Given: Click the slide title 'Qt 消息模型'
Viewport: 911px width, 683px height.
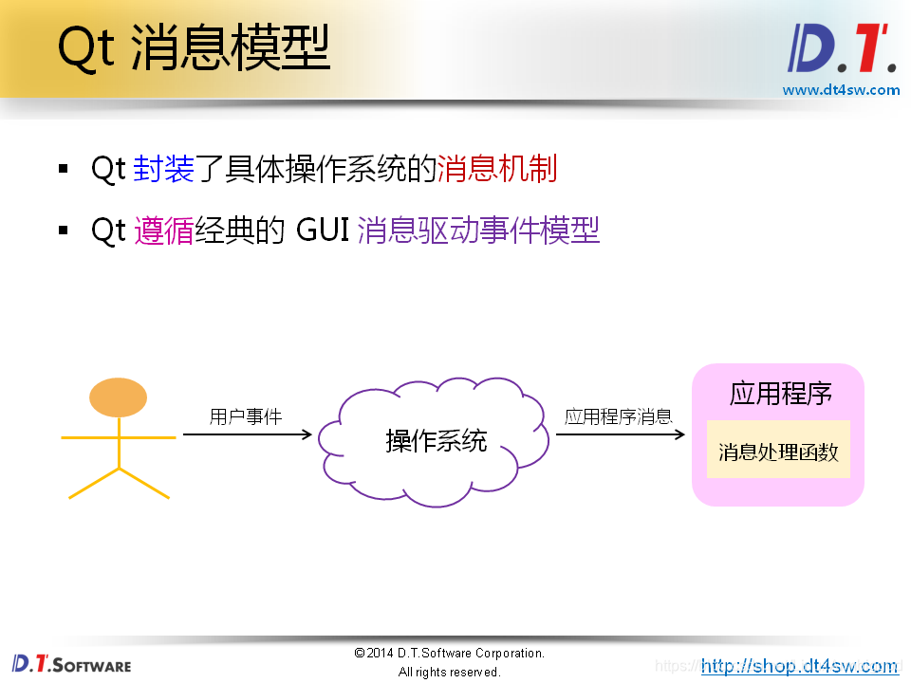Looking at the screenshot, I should click(x=194, y=48).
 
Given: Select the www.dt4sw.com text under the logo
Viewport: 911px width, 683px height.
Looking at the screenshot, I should click(x=841, y=90).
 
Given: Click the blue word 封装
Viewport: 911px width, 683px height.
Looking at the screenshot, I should click(x=163, y=169).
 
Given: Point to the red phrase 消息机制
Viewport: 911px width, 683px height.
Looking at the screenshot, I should click(x=496, y=169).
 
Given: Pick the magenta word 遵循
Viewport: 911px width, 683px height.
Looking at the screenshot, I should click(x=163, y=231).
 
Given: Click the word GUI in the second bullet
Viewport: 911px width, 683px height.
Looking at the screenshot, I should click(x=323, y=231).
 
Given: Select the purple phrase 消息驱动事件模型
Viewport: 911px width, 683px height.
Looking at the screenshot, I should click(x=478, y=231).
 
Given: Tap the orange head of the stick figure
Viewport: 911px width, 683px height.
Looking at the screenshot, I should click(x=118, y=397).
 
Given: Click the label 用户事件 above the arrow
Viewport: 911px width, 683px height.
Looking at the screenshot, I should click(x=245, y=416).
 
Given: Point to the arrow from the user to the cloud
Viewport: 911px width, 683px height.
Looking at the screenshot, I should click(x=247, y=434).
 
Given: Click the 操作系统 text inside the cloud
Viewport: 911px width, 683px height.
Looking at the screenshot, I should click(x=436, y=441).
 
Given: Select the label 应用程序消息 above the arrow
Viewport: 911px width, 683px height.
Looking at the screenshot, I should click(x=618, y=416).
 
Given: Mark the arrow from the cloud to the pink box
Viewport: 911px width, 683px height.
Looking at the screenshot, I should click(x=620, y=434).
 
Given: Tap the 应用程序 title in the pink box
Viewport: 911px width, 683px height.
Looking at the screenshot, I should click(x=780, y=394).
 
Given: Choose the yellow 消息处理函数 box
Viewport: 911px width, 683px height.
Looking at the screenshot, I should click(x=778, y=452).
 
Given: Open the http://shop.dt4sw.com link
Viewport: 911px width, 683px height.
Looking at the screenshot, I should click(x=799, y=666).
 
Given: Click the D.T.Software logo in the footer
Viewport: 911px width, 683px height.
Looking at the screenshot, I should click(x=71, y=664).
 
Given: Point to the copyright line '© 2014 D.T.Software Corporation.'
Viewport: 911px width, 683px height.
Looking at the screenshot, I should click(x=449, y=654).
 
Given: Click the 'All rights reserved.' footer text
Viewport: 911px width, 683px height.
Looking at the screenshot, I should click(x=449, y=672).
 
